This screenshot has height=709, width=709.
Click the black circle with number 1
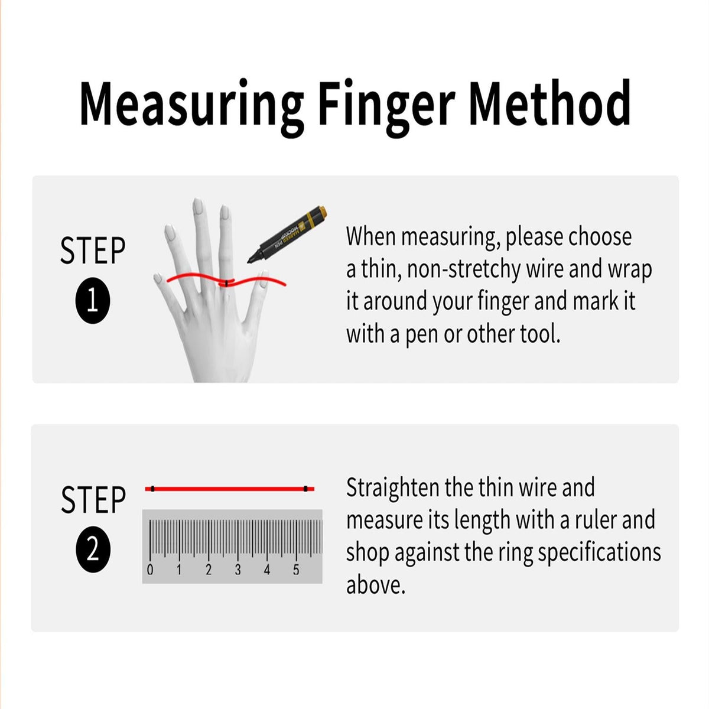point(93,301)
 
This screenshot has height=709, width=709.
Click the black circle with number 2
point(93,551)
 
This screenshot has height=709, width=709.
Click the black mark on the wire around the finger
point(227,284)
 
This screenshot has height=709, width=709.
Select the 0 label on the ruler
point(149,570)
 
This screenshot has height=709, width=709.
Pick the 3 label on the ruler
point(238,570)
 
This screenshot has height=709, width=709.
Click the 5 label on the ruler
point(296,570)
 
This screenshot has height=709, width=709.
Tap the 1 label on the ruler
point(179,570)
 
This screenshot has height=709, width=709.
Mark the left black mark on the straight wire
point(152,489)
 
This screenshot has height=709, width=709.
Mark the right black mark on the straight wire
point(305,489)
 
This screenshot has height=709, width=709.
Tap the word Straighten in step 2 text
point(393,489)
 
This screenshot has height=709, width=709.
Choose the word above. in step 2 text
point(376,586)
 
